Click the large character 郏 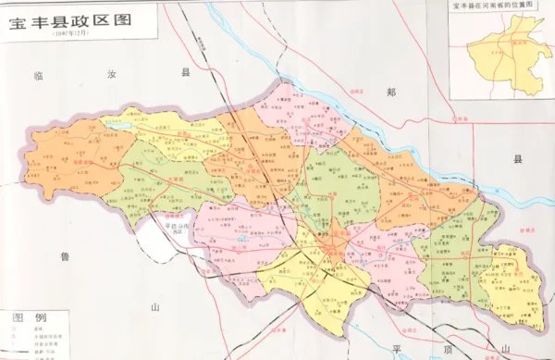(391, 93)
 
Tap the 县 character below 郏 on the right (518, 159)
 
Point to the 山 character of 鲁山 (156, 305)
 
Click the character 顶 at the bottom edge (452, 348)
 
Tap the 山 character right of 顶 (505, 348)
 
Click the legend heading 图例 (22, 317)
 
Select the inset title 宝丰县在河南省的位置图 (495, 7)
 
